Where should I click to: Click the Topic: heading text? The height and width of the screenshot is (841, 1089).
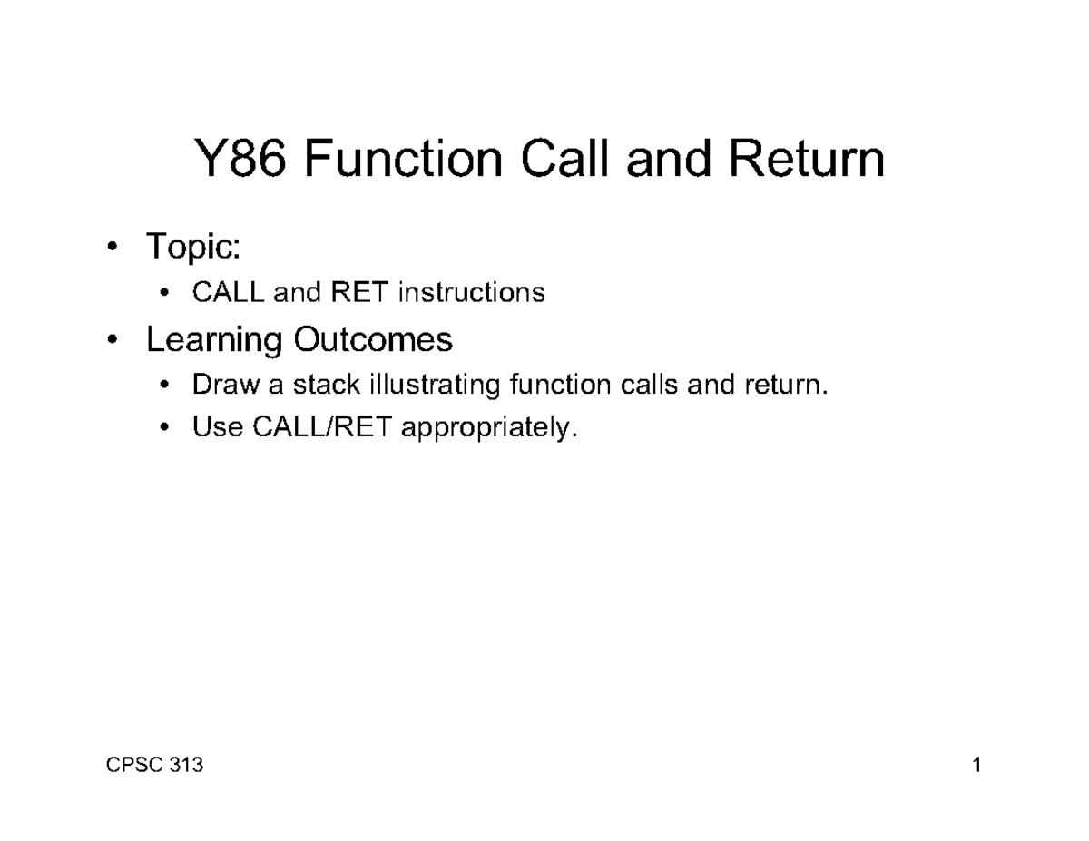193,246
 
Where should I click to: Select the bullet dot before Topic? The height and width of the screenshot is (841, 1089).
111,247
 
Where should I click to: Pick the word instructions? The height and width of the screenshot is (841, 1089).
471,293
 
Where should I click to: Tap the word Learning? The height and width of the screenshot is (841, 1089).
214,340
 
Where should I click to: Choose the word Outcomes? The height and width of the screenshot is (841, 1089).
372,340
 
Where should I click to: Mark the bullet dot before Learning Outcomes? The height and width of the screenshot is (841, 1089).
111,341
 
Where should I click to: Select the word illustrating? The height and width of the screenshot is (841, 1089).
434,386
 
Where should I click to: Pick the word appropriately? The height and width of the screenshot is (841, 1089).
488,428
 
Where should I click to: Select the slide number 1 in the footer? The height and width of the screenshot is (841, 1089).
976,766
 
